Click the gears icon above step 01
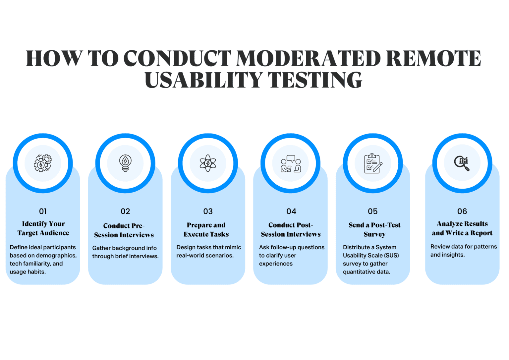click(43, 163)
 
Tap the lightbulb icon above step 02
click(125, 163)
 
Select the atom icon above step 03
click(208, 163)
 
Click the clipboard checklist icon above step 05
click(373, 163)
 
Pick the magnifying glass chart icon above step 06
click(462, 163)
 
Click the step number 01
click(43, 211)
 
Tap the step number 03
click(208, 211)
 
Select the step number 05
click(373, 211)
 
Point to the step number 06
click(462, 211)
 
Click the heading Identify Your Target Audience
click(43, 228)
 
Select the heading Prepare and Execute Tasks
click(206, 229)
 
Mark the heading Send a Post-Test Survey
click(374, 229)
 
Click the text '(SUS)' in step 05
click(391, 256)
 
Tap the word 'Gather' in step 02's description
click(101, 248)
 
